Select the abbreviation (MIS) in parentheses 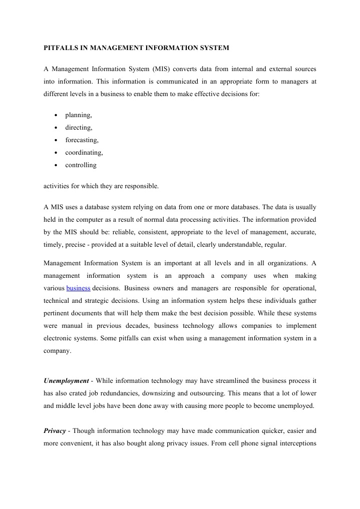point(159,68)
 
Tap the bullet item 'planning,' point(79,115)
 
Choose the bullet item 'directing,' point(79,128)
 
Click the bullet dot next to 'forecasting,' point(56,141)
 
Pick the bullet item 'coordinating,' point(84,153)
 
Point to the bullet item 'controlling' point(81,165)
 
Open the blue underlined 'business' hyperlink point(78,288)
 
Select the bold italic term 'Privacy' point(55,430)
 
